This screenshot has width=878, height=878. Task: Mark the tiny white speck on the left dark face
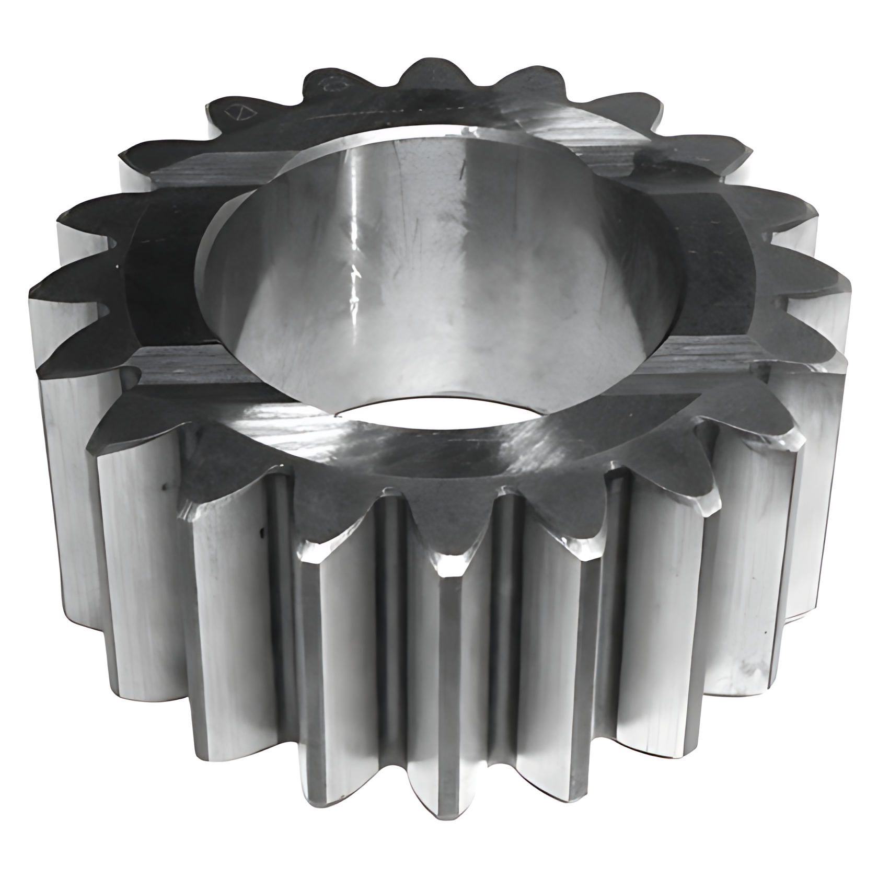(x=116, y=268)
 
